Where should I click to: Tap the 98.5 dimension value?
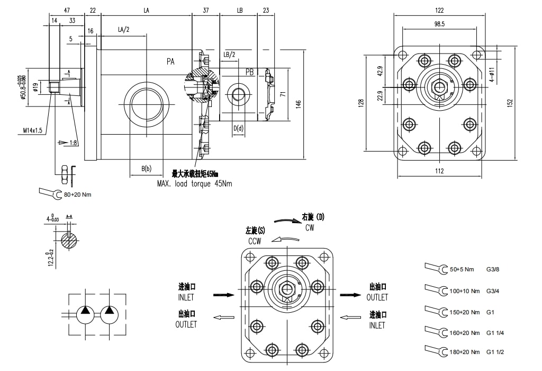point(439,24)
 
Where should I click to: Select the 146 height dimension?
point(299,103)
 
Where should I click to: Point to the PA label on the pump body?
point(171,62)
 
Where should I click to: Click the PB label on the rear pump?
point(249,72)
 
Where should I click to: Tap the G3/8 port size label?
point(493,269)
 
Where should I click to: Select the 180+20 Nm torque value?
point(464,352)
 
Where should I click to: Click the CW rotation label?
point(310,227)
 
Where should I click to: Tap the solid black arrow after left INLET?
point(223,295)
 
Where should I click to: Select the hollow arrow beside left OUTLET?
point(223,317)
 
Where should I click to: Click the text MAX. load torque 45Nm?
point(194,183)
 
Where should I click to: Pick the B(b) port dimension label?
point(146,169)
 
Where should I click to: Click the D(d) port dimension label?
point(239,128)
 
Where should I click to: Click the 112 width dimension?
point(439,171)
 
